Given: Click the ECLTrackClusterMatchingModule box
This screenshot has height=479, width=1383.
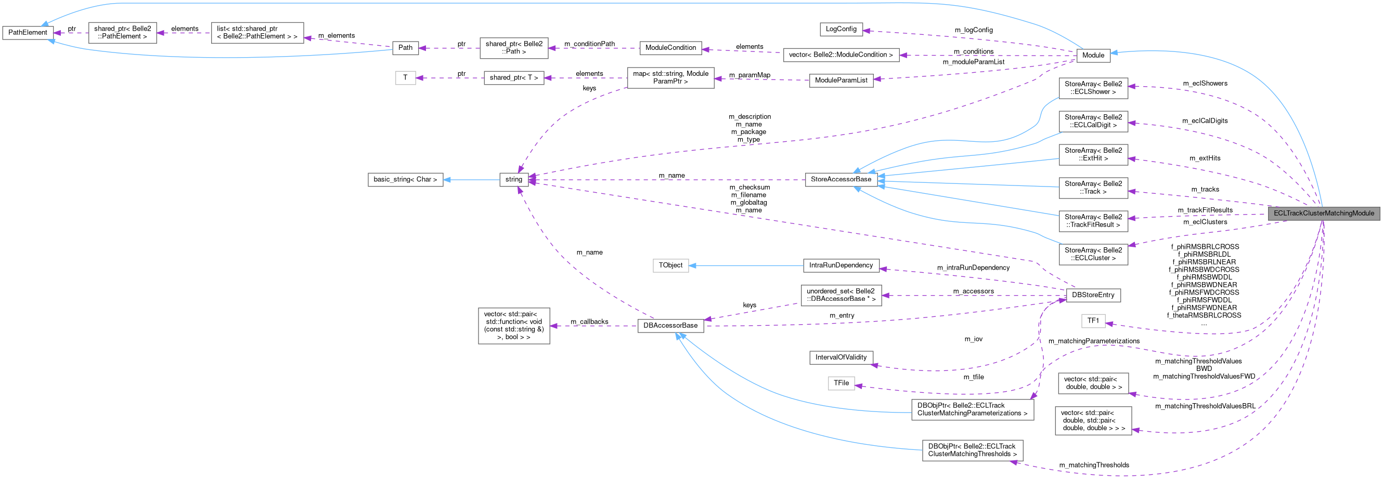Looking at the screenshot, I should (x=1324, y=213).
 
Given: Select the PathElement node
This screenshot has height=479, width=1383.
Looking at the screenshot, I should (x=28, y=32).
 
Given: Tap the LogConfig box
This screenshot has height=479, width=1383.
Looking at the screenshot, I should (x=841, y=29).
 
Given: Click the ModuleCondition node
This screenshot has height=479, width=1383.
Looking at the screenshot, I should (x=670, y=48).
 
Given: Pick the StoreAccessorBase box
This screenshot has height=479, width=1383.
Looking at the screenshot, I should (x=841, y=179).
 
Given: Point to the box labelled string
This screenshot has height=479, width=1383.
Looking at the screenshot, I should (x=513, y=179).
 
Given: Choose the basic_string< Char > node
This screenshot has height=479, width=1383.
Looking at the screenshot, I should (x=405, y=179).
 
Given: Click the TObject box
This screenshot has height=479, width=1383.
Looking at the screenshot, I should (x=670, y=265).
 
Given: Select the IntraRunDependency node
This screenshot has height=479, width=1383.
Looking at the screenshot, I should (x=841, y=265).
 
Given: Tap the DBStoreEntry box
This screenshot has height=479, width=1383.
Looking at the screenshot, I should (x=1093, y=295).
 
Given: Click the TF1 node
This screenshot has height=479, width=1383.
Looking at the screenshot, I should (x=1093, y=321).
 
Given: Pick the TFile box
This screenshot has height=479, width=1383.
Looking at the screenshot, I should (x=841, y=382).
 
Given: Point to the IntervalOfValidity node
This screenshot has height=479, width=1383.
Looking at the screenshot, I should (x=841, y=357).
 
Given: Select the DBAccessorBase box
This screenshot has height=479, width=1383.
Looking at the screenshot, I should (x=670, y=325).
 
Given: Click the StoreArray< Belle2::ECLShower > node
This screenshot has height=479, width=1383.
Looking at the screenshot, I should (x=1093, y=88).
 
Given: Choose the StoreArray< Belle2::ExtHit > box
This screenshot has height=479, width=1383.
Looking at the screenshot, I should (x=1093, y=154).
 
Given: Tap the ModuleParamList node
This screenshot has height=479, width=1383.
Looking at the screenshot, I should (x=841, y=81).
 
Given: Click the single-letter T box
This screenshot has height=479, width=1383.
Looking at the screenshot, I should (x=405, y=78).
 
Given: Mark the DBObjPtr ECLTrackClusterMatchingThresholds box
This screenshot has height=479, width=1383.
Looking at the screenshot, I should (x=972, y=450).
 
